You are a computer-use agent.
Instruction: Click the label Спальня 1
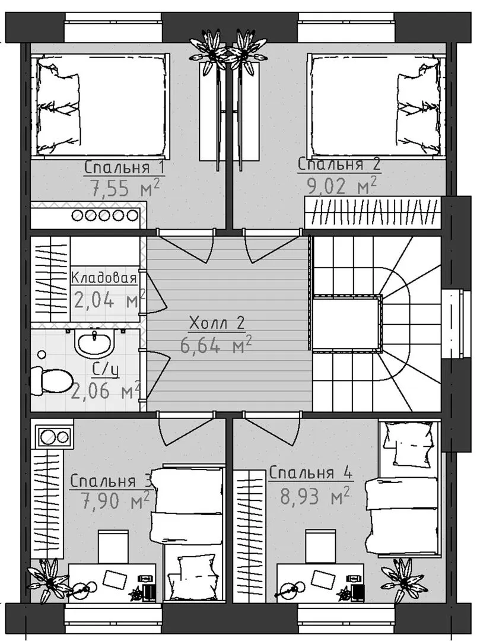pyautogui.click(x=125, y=168)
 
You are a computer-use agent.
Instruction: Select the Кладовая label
pyautogui.click(x=104, y=278)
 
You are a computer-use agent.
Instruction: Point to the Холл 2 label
pyautogui.click(x=217, y=324)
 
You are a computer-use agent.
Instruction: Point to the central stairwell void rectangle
pyautogui.click(x=347, y=323)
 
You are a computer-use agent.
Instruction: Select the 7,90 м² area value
pyautogui.click(x=115, y=500)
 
